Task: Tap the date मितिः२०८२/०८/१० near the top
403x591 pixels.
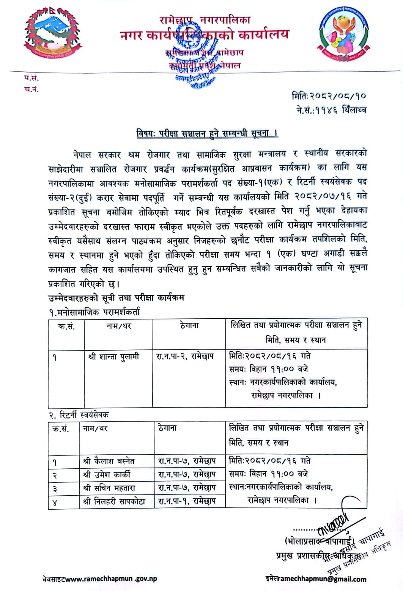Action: pyautogui.click(x=329, y=96)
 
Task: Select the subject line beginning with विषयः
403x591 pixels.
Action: pyautogui.click(x=207, y=134)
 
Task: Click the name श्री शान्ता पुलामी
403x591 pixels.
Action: pyautogui.click(x=113, y=357)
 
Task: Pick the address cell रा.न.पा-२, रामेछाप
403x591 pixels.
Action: pyautogui.click(x=185, y=357)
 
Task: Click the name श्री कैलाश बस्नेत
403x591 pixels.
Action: pyautogui.click(x=109, y=461)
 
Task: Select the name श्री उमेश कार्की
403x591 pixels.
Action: pyautogui.click(x=107, y=474)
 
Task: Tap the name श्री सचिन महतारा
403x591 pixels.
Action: pyautogui.click(x=109, y=488)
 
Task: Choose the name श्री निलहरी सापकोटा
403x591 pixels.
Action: pyautogui.click(x=114, y=501)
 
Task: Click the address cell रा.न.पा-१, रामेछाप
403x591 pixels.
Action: pyautogui.click(x=187, y=501)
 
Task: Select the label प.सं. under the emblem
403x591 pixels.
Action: pyautogui.click(x=31, y=79)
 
